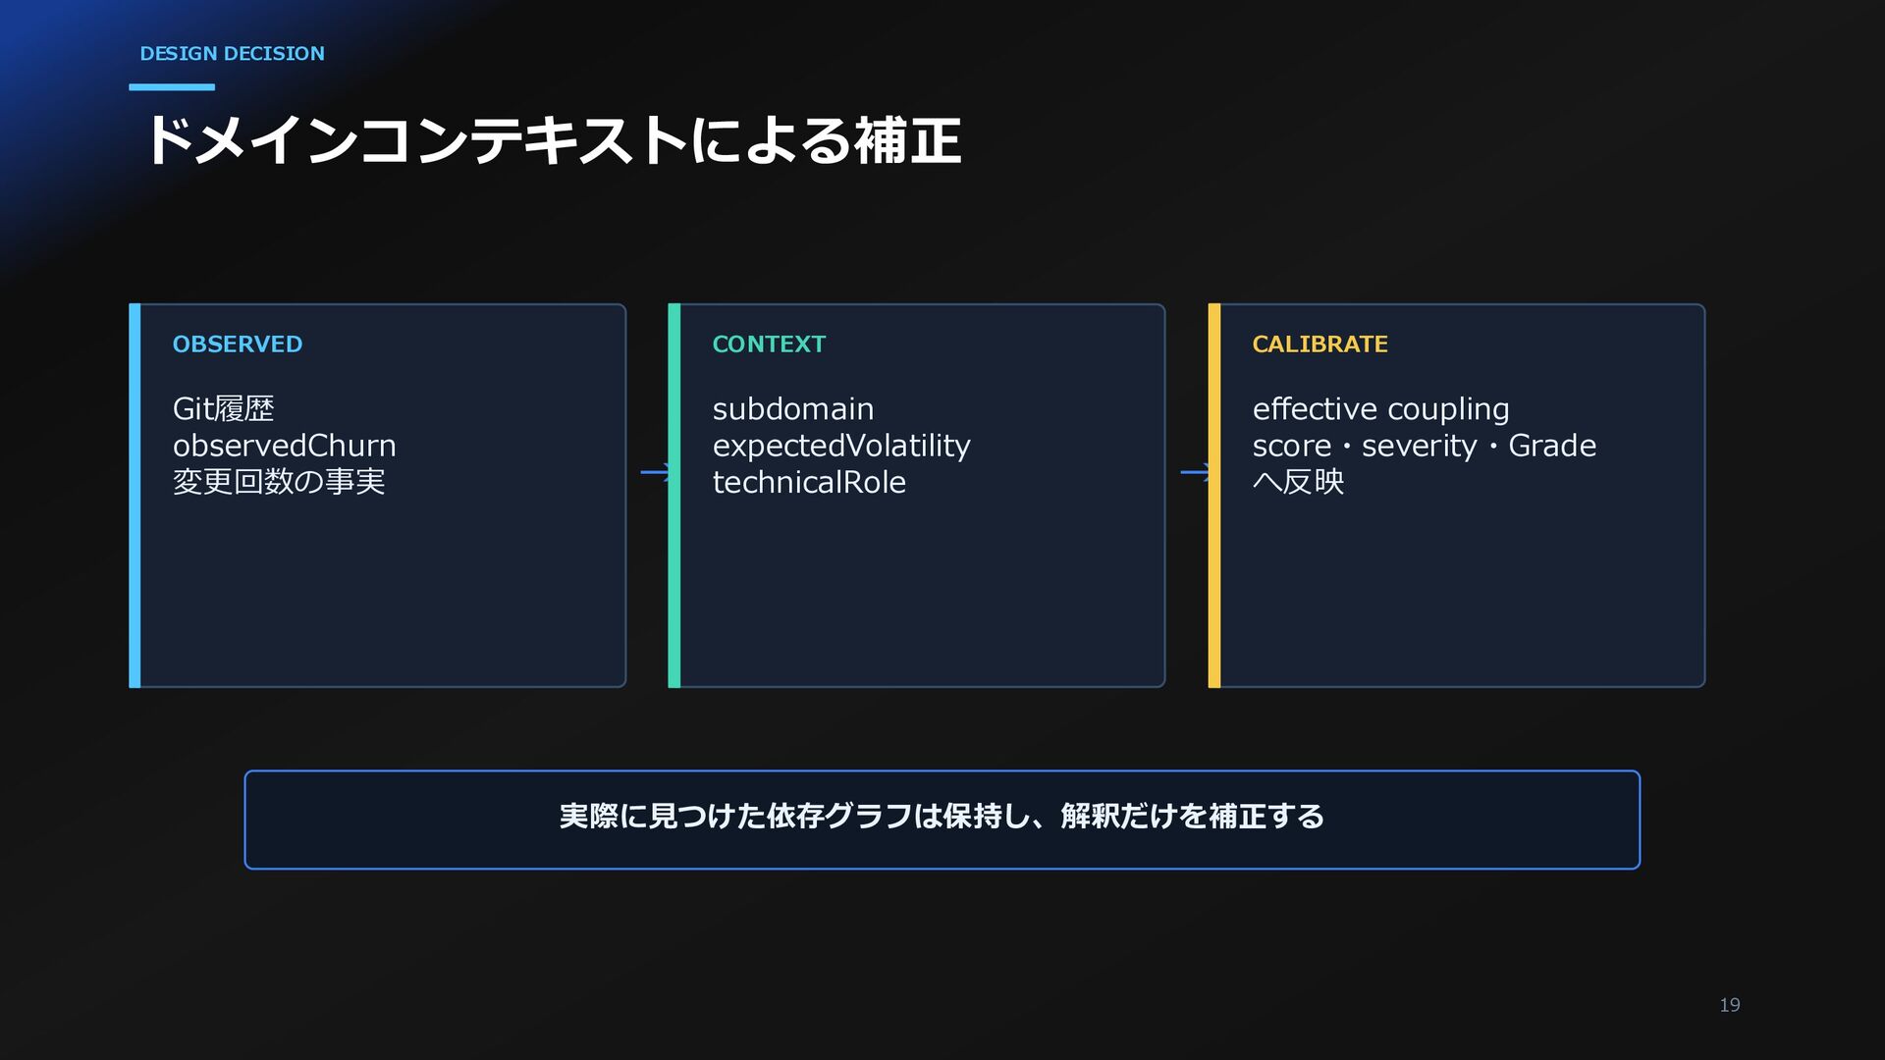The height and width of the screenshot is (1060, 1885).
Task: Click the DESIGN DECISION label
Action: [x=232, y=54]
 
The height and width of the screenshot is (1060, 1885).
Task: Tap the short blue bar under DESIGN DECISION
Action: [x=172, y=87]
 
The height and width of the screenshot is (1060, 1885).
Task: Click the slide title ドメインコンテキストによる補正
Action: [x=553, y=140]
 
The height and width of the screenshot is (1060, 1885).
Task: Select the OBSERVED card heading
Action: [x=238, y=344]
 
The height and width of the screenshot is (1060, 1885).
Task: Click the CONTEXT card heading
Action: [x=769, y=344]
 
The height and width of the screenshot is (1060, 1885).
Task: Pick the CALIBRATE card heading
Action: [x=1319, y=344]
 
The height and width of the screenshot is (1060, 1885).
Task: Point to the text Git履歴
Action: [x=224, y=408]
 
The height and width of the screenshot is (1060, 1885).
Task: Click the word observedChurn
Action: [x=285, y=446]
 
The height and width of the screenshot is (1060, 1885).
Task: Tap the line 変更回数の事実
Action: [x=279, y=482]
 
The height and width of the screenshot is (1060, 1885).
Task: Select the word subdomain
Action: [x=793, y=408]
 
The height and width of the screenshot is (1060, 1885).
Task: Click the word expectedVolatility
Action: [x=841, y=446]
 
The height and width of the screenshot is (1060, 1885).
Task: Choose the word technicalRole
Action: [x=809, y=482]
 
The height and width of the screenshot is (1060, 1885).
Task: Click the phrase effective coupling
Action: [x=1380, y=409]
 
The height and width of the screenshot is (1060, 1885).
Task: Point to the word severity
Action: [x=1419, y=447]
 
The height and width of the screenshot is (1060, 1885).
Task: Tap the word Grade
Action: [x=1552, y=446]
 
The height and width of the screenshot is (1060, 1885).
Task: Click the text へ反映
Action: [x=1298, y=482]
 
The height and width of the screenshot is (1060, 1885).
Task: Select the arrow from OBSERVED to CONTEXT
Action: [x=655, y=472]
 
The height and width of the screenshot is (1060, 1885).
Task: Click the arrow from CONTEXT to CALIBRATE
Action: [x=1195, y=472]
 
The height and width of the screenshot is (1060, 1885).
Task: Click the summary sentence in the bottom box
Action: [x=942, y=817]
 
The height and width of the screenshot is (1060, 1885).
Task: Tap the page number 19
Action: [x=1730, y=1005]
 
